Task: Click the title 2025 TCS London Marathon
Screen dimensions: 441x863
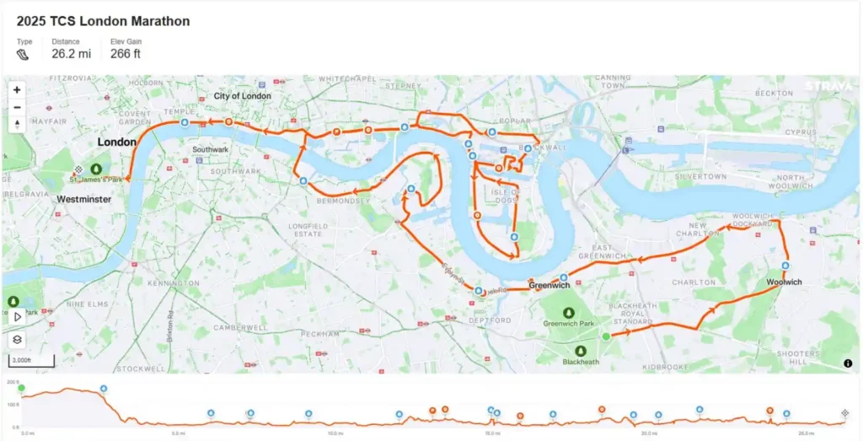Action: pyautogui.click(x=103, y=21)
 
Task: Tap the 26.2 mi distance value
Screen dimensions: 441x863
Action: pyautogui.click(x=72, y=54)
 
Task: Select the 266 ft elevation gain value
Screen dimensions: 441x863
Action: pyautogui.click(x=126, y=54)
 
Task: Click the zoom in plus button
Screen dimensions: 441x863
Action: pyautogui.click(x=17, y=89)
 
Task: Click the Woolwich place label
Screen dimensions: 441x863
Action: pyautogui.click(x=785, y=282)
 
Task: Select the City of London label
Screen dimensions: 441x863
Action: pyautogui.click(x=242, y=96)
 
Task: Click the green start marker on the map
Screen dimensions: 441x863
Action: pyautogui.click(x=605, y=336)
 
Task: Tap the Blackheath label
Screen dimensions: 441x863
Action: pyautogui.click(x=581, y=363)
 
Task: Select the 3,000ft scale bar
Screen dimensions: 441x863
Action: pyautogui.click(x=31, y=362)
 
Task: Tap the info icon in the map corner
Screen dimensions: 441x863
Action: pyautogui.click(x=847, y=363)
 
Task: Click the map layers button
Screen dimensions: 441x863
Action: pyautogui.click(x=17, y=340)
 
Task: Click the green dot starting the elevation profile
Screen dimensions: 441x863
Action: pyautogui.click(x=21, y=388)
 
